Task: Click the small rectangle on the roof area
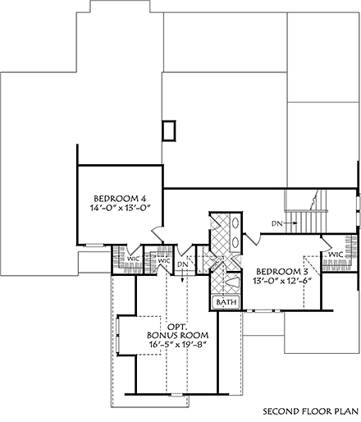coord(170,130)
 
